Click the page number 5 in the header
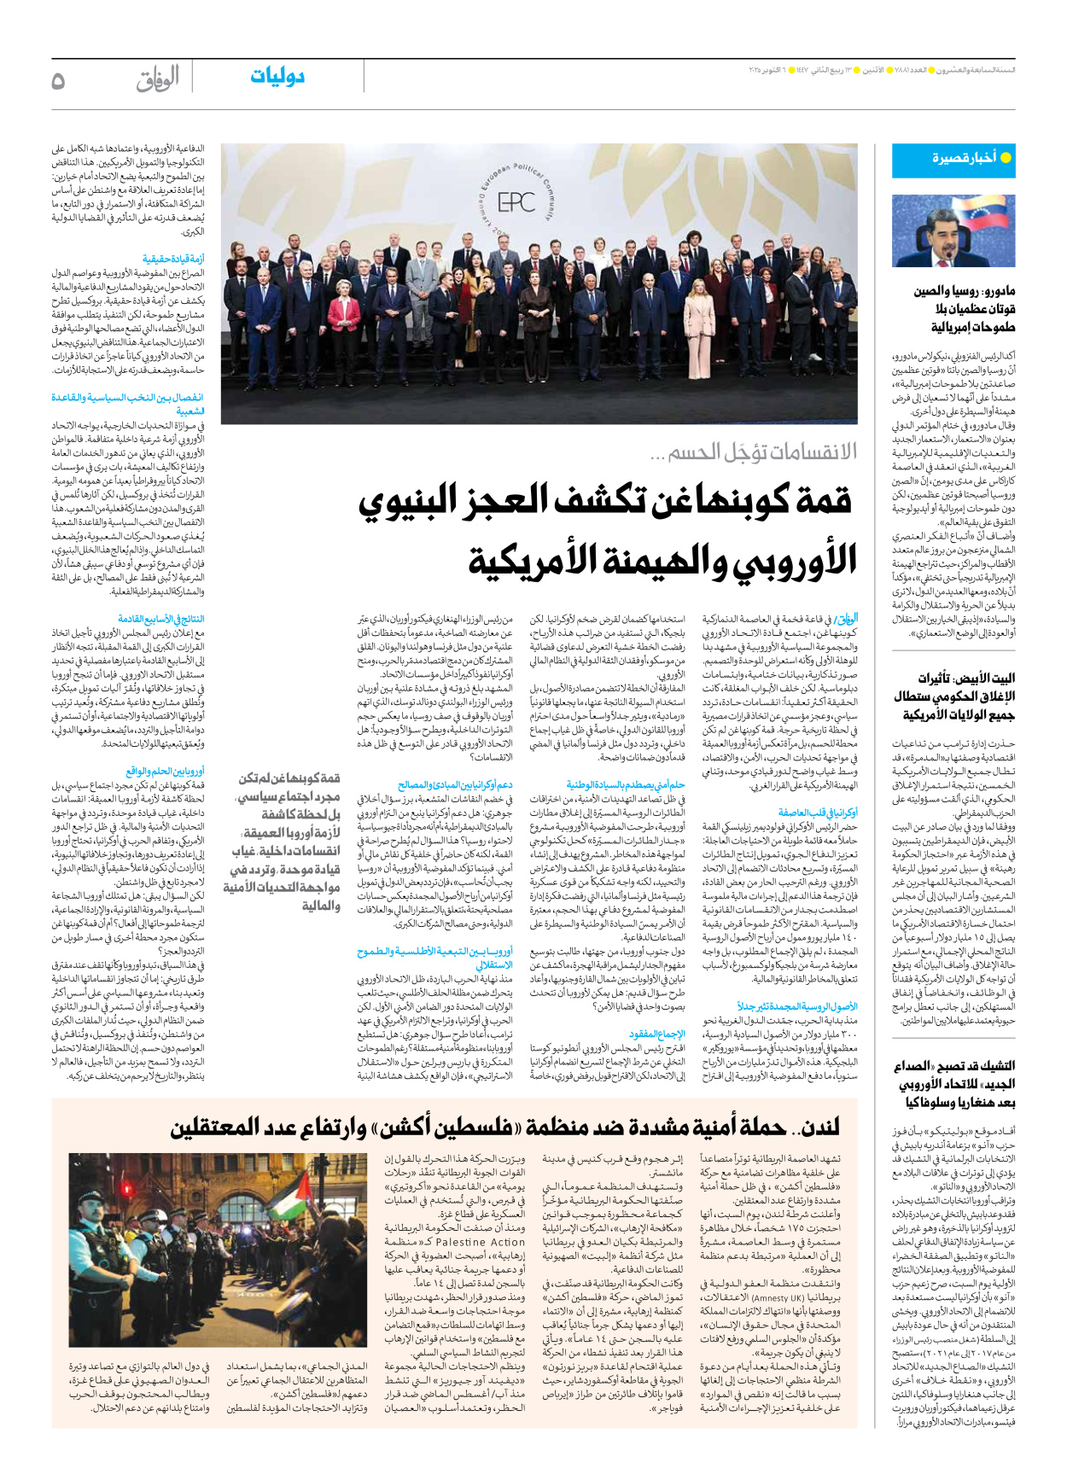click(58, 81)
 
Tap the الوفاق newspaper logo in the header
click(158, 79)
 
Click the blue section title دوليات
click(277, 77)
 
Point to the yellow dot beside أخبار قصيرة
click(1006, 158)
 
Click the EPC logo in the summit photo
click(516, 202)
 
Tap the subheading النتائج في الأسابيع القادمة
click(161, 619)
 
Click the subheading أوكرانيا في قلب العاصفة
click(818, 813)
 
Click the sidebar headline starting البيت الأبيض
click(954, 696)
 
